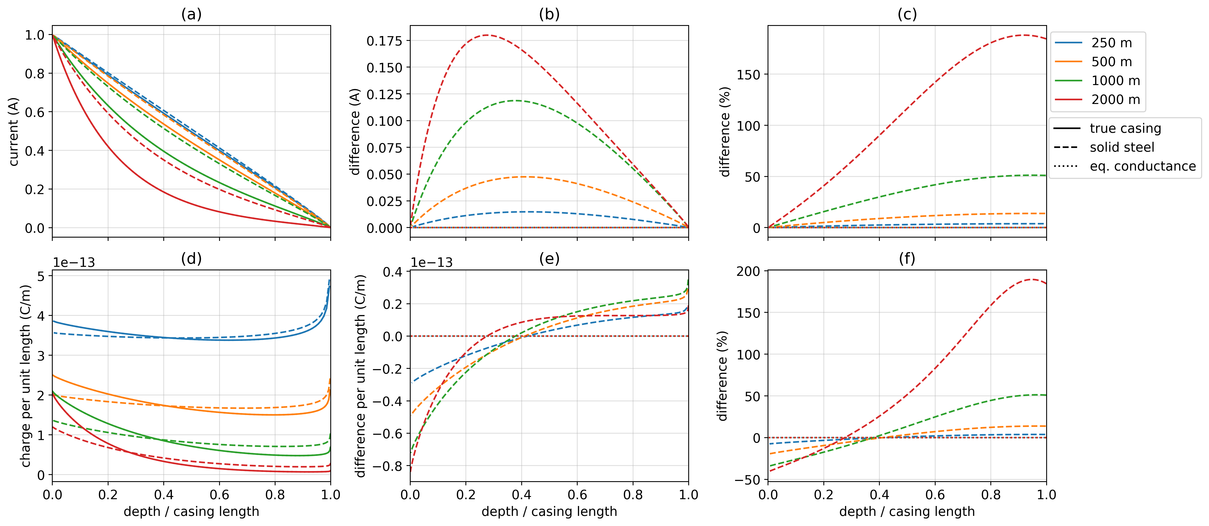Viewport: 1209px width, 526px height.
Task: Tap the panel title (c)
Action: pyautogui.click(x=907, y=15)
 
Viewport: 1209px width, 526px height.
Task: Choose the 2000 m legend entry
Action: pyautogui.click(x=1115, y=100)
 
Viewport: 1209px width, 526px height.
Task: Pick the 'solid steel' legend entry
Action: pyautogui.click(x=1122, y=147)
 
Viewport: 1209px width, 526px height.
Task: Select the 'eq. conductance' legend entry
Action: pyautogui.click(x=1142, y=166)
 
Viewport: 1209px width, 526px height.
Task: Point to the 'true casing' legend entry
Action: pyautogui.click(x=1125, y=128)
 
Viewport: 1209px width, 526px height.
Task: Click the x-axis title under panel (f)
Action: pyautogui.click(x=907, y=511)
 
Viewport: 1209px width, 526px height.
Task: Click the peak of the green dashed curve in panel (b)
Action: pyautogui.click(x=515, y=100)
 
